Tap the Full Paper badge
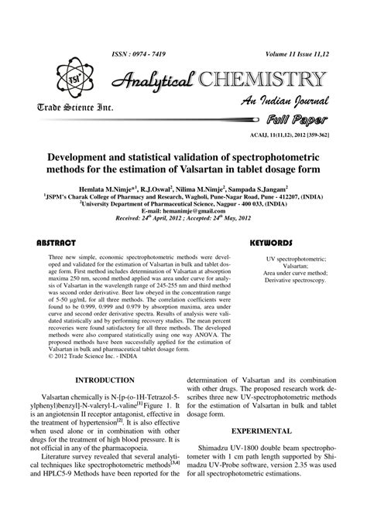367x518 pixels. (297, 120)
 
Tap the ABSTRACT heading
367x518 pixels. (56, 242)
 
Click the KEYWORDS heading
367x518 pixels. (270, 242)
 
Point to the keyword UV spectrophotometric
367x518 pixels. (285, 256)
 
